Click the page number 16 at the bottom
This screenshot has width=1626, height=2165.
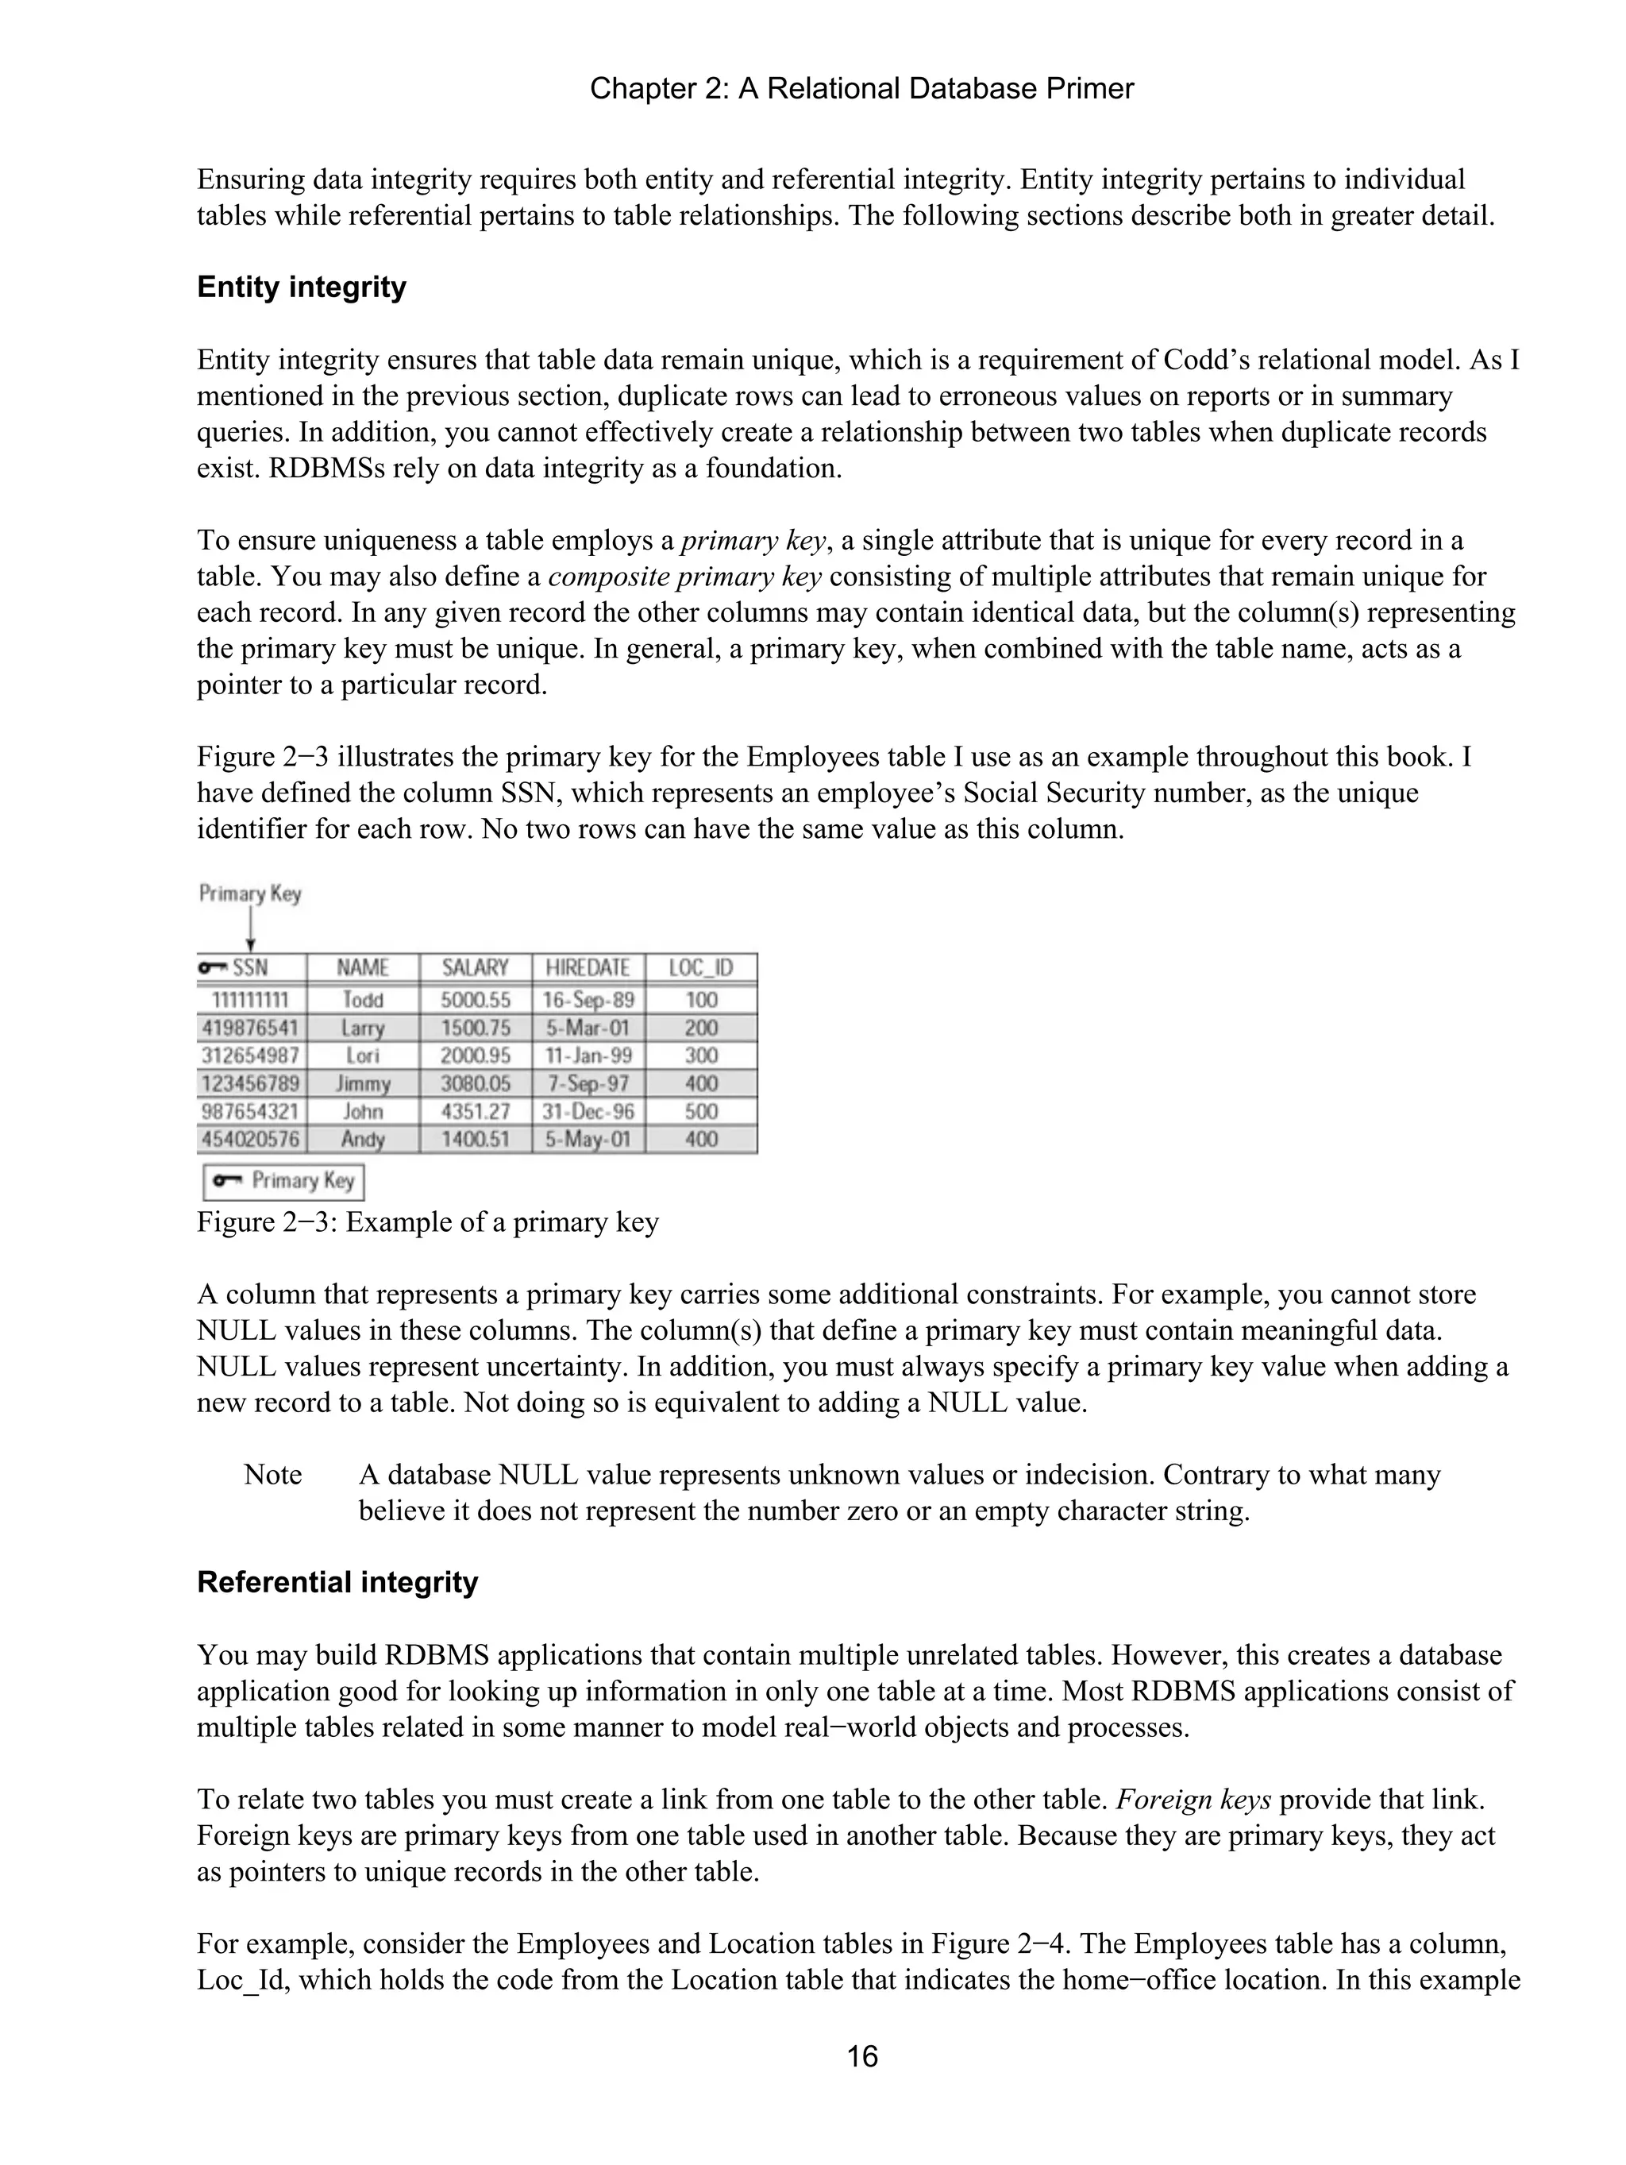[861, 2056]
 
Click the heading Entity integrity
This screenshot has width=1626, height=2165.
[302, 287]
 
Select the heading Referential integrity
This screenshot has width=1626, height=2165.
[337, 1582]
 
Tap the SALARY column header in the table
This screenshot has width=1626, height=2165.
[475, 968]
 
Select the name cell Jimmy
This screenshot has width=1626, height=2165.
[363, 1083]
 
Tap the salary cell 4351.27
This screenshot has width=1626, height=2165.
[475, 1111]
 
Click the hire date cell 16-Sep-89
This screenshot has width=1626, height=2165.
[588, 1000]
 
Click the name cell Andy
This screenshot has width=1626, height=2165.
[363, 1139]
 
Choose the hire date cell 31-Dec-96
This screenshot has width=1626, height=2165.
[588, 1111]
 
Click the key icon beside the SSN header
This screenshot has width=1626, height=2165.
[212, 967]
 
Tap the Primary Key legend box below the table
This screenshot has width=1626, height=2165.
[283, 1180]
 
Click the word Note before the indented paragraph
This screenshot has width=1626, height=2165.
[272, 1475]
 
